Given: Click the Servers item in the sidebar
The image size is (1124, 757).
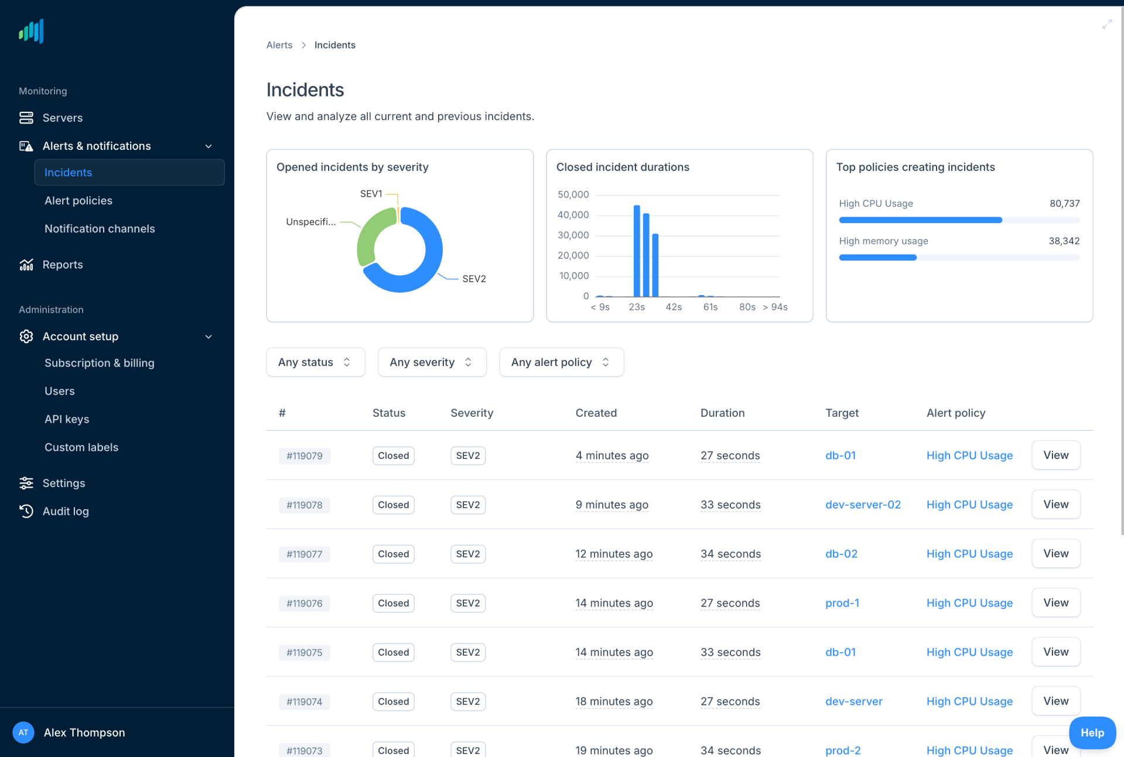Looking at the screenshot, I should pyautogui.click(x=62, y=118).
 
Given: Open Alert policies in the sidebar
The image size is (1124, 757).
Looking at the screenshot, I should pyautogui.click(x=78, y=201).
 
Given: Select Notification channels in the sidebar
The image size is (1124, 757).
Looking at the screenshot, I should pyautogui.click(x=100, y=229).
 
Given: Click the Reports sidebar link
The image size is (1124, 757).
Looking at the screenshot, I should pyautogui.click(x=62, y=265).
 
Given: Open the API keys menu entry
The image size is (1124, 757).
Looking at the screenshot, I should pyautogui.click(x=67, y=419).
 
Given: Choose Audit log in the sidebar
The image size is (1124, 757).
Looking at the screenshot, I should pyautogui.click(x=66, y=511).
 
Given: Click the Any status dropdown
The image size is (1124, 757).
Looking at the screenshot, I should pyautogui.click(x=315, y=362).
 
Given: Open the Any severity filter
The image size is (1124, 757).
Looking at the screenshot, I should pyautogui.click(x=432, y=362).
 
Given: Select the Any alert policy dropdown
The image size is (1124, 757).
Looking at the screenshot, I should pyautogui.click(x=561, y=362).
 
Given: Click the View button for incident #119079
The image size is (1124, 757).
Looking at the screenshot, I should pyautogui.click(x=1055, y=455).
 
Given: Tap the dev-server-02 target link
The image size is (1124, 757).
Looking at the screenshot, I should pyautogui.click(x=862, y=505).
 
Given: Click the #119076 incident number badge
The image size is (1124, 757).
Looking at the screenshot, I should pyautogui.click(x=304, y=603).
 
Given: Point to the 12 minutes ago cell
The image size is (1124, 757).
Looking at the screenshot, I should pyautogui.click(x=613, y=554).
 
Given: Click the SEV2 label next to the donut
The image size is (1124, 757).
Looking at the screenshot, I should pyautogui.click(x=473, y=279).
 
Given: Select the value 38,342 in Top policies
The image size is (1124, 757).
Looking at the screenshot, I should pyautogui.click(x=1063, y=241).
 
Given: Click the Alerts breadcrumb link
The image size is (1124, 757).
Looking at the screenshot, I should pyautogui.click(x=279, y=45).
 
